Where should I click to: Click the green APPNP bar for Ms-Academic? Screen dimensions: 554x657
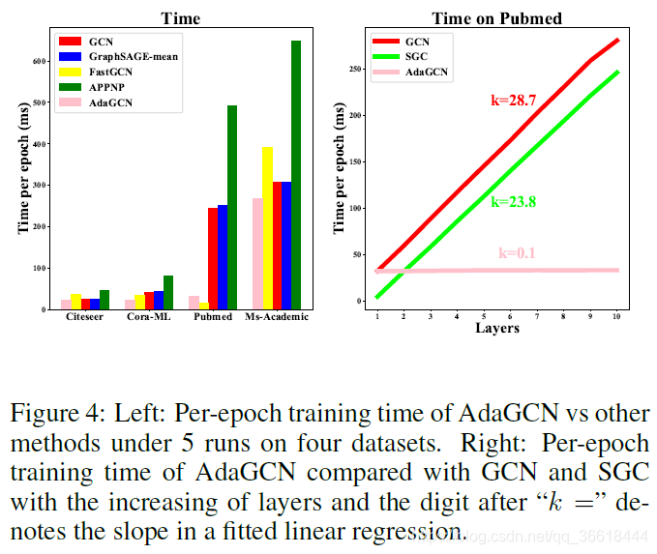pos(295,175)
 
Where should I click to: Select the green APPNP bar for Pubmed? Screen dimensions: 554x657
pos(232,207)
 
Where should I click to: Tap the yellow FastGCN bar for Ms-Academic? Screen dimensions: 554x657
pos(268,228)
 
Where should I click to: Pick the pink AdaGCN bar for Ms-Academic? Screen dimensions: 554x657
pos(256,253)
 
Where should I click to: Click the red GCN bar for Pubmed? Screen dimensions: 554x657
pos(213,258)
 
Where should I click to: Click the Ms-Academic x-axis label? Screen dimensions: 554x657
pos(277,319)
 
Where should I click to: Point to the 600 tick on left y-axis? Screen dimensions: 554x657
pos(40,60)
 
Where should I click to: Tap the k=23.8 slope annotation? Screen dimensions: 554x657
pos(513,202)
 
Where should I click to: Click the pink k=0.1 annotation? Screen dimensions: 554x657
pos(518,253)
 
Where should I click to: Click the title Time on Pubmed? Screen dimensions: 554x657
pos(496,18)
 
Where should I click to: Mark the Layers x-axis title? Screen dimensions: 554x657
pos(497,329)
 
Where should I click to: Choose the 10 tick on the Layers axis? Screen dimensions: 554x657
pos(616,317)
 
